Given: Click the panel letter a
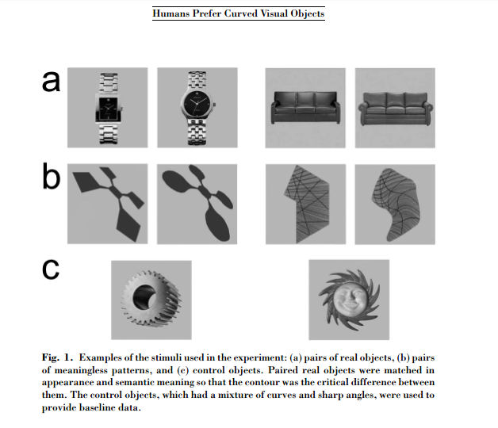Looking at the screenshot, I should click(x=52, y=82).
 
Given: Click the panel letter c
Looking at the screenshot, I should click(x=52, y=269).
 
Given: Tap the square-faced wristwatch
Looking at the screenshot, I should click(x=107, y=105).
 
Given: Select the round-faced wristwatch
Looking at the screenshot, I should click(x=197, y=105).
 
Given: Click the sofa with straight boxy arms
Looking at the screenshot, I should click(x=305, y=107).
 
